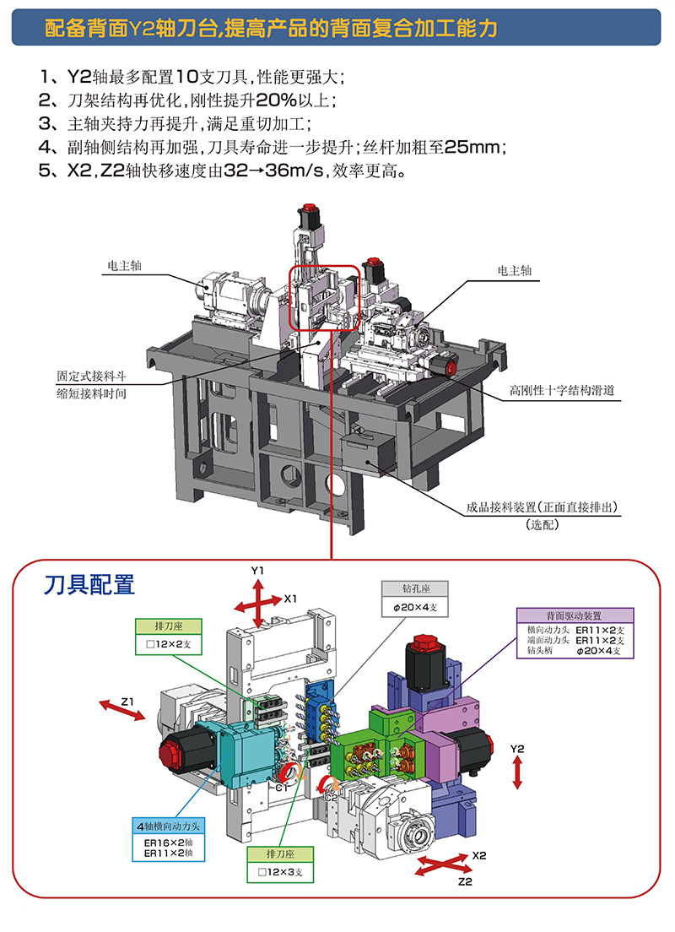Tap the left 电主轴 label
pyautogui.click(x=125, y=265)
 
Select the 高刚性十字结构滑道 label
pyautogui.click(x=561, y=391)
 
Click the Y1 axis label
pyautogui.click(x=258, y=572)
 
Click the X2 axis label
pyautogui.click(x=479, y=854)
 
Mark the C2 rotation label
pyautogui.click(x=332, y=795)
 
